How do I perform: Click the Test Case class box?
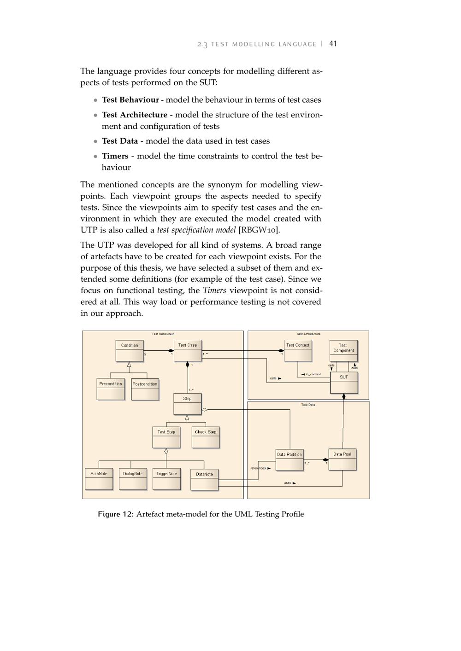click(x=188, y=351)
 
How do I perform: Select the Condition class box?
click(x=130, y=351)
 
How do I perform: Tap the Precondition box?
click(x=111, y=389)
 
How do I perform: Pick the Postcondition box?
click(x=145, y=389)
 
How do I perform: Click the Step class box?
click(x=187, y=404)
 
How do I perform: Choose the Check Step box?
click(x=206, y=437)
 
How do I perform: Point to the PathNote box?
click(x=99, y=479)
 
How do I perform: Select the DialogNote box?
click(x=133, y=479)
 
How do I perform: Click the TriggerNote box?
click(x=166, y=479)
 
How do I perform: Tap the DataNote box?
click(x=204, y=479)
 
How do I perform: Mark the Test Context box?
click(x=298, y=351)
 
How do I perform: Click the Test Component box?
click(x=343, y=351)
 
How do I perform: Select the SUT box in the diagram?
click(x=344, y=383)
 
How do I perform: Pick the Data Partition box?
click(x=290, y=460)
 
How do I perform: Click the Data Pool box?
click(x=343, y=459)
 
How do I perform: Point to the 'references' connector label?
click(x=258, y=468)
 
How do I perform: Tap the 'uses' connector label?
click(x=288, y=483)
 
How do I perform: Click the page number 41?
click(x=333, y=44)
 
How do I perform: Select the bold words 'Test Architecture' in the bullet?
click(x=135, y=115)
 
